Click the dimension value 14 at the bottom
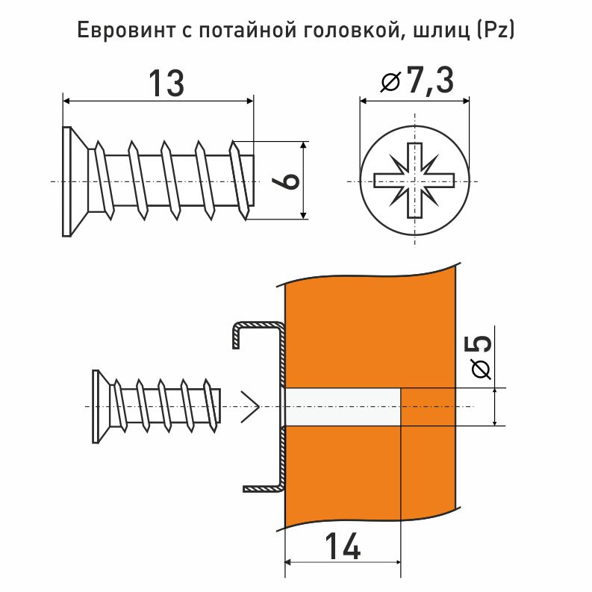pyautogui.click(x=343, y=549)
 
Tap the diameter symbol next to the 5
pyautogui.click(x=482, y=369)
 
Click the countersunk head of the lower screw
pyautogui.click(x=97, y=406)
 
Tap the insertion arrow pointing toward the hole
pyautogui.click(x=250, y=407)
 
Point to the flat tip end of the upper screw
pyautogui.click(x=252, y=181)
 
